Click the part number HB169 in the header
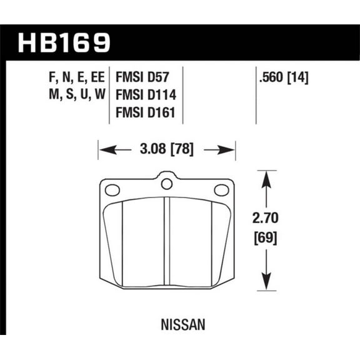(65, 42)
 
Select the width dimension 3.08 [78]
(166, 150)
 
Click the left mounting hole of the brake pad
(112, 190)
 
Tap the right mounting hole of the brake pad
(221, 190)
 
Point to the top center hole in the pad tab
(166, 184)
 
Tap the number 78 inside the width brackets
(184, 150)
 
